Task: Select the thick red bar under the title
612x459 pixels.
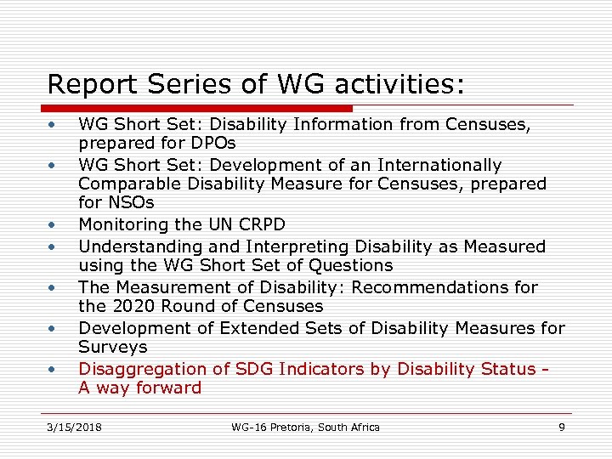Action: pos(199,109)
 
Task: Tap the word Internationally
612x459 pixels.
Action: pos(439,165)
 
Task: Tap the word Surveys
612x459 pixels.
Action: pos(112,347)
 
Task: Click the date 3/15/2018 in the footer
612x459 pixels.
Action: pos(74,427)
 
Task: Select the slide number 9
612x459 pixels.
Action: pos(561,427)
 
